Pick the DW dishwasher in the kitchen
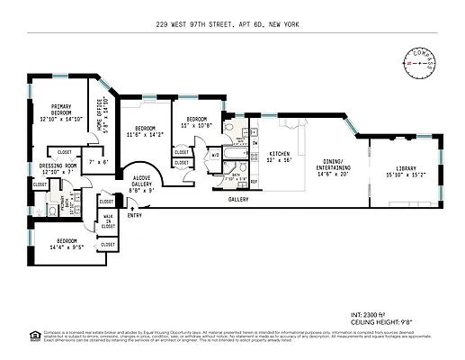[x=255, y=143]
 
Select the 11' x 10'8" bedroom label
[x=198, y=122]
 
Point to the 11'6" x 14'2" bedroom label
[x=146, y=131]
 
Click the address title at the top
[x=232, y=25]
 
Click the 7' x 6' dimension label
[x=97, y=162]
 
